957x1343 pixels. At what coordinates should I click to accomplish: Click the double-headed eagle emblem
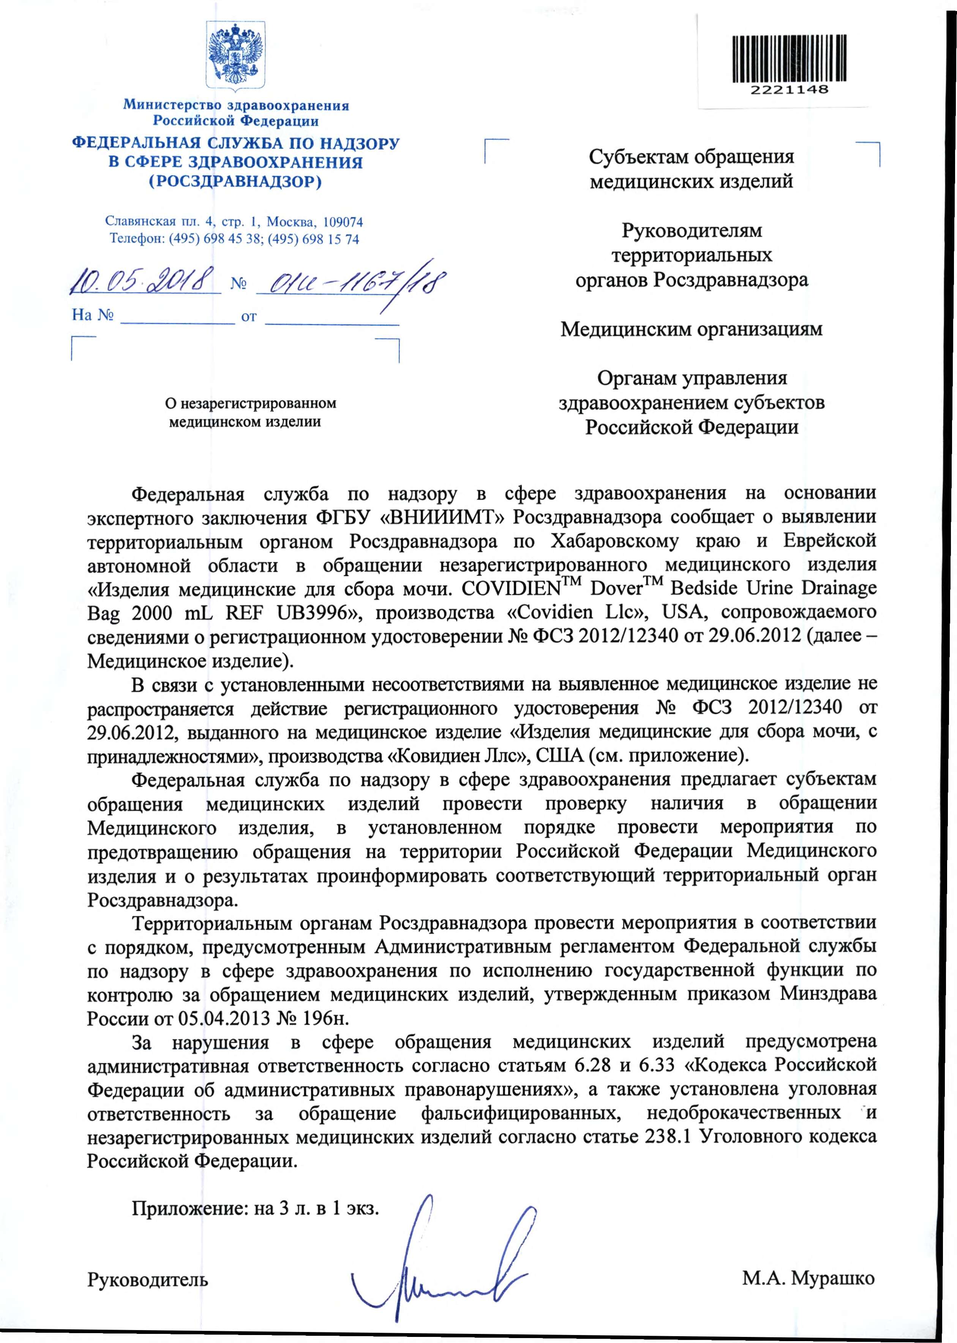coord(235,55)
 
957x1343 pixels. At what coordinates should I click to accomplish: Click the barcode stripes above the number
coord(789,58)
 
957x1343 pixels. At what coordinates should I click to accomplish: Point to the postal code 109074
coord(344,222)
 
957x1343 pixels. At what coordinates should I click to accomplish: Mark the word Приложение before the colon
coord(189,1208)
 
